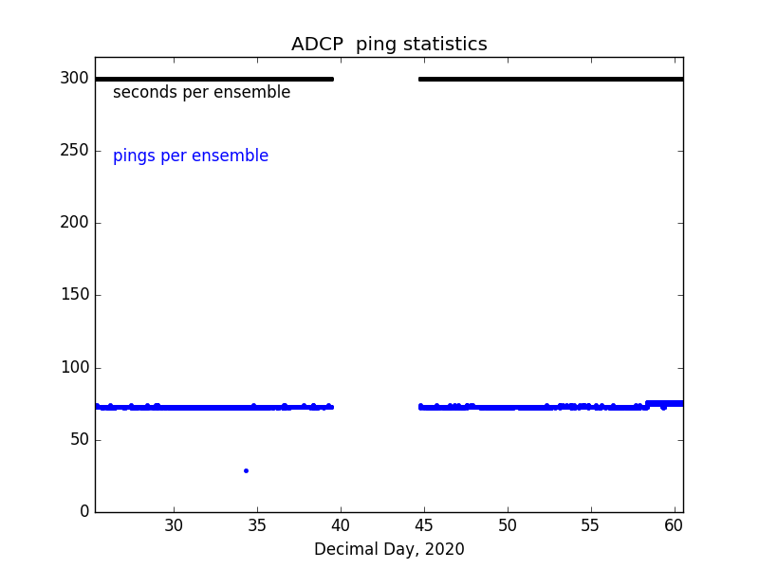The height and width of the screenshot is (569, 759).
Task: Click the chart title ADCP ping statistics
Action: point(389,45)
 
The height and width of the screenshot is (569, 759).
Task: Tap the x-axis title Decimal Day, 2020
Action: point(389,549)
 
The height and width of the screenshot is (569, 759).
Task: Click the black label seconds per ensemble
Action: point(201,93)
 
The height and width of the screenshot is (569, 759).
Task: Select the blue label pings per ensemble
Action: point(191,156)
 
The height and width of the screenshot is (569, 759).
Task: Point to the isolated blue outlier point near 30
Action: point(246,470)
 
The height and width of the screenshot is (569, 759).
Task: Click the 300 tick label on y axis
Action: point(74,79)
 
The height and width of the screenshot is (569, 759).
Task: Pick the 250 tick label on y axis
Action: point(74,151)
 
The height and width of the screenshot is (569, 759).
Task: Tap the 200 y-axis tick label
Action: point(74,223)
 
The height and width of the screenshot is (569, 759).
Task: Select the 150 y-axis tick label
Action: point(74,295)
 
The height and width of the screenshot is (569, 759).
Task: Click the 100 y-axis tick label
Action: point(74,367)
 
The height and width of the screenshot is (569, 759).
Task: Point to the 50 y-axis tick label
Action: point(79,440)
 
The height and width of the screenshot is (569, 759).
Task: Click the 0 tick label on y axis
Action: point(83,512)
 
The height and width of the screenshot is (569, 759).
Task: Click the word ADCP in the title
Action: point(318,45)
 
